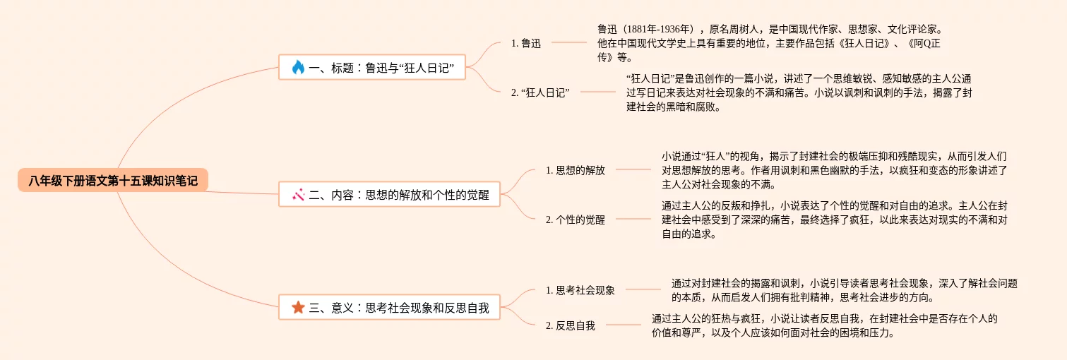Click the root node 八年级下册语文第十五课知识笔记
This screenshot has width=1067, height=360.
pyautogui.click(x=113, y=181)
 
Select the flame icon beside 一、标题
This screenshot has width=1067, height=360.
pyautogui.click(x=297, y=68)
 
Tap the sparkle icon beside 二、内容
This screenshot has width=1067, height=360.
pyautogui.click(x=298, y=194)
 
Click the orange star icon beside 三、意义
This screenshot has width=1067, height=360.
pyautogui.click(x=298, y=307)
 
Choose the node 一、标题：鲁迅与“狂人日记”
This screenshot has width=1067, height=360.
pyautogui.click(x=372, y=68)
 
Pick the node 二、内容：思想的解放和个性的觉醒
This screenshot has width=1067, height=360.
pyautogui.click(x=390, y=194)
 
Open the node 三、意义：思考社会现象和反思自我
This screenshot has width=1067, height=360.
pyautogui.click(x=390, y=307)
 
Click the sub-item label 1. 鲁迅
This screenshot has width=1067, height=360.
pyautogui.click(x=526, y=43)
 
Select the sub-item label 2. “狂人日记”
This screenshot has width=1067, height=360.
pyautogui.click(x=540, y=92)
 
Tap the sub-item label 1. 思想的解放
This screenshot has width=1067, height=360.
pyautogui.click(x=575, y=170)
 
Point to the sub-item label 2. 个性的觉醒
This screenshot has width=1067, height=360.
pyautogui.click(x=575, y=220)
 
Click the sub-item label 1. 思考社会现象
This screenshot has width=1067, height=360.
pyautogui.click(x=580, y=290)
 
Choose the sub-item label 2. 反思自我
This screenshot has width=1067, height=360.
pyautogui.click(x=570, y=325)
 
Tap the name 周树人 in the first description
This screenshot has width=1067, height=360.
pyautogui.click(x=743, y=29)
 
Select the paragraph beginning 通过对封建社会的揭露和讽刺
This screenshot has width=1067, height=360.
pyautogui.click(x=844, y=290)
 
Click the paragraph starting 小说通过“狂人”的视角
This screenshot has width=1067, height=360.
pyautogui.click(x=833, y=170)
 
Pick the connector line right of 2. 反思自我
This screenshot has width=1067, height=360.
pyautogui.click(x=623, y=325)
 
